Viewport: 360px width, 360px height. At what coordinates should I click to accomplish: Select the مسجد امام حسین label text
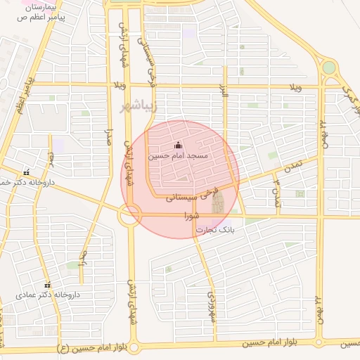point(179,155)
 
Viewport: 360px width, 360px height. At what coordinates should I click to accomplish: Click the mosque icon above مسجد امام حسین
point(177,145)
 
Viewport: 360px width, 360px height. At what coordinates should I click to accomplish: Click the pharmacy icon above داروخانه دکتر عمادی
point(47,285)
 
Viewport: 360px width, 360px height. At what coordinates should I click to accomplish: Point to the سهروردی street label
point(211,307)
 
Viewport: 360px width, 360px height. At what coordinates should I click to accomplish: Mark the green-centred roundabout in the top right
point(328,68)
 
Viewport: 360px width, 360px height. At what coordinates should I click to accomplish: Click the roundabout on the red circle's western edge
point(129,214)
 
